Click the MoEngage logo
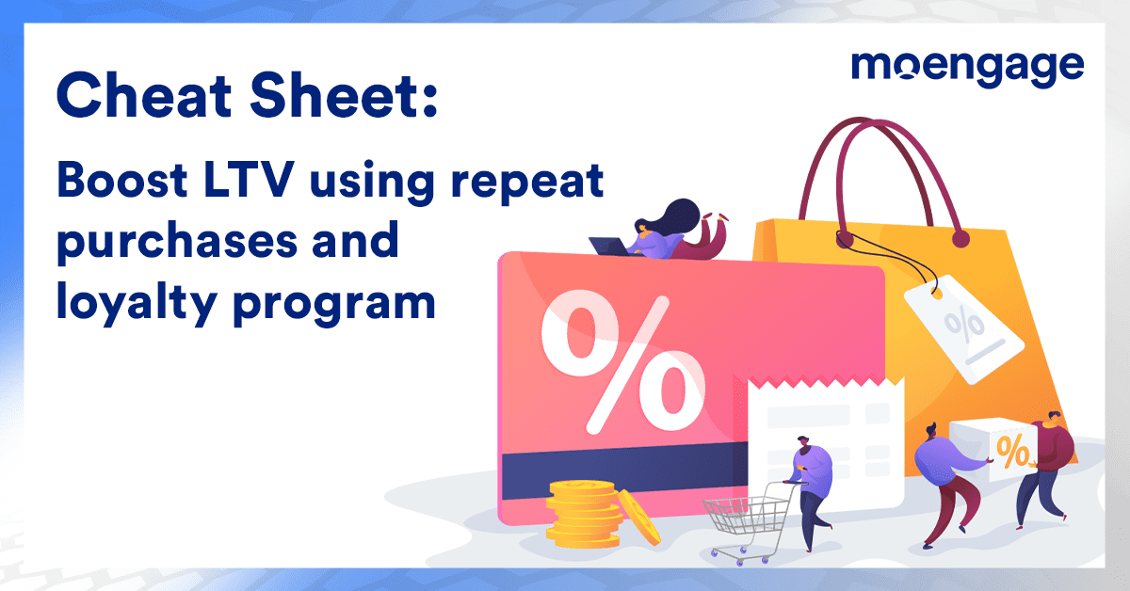(x=967, y=68)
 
